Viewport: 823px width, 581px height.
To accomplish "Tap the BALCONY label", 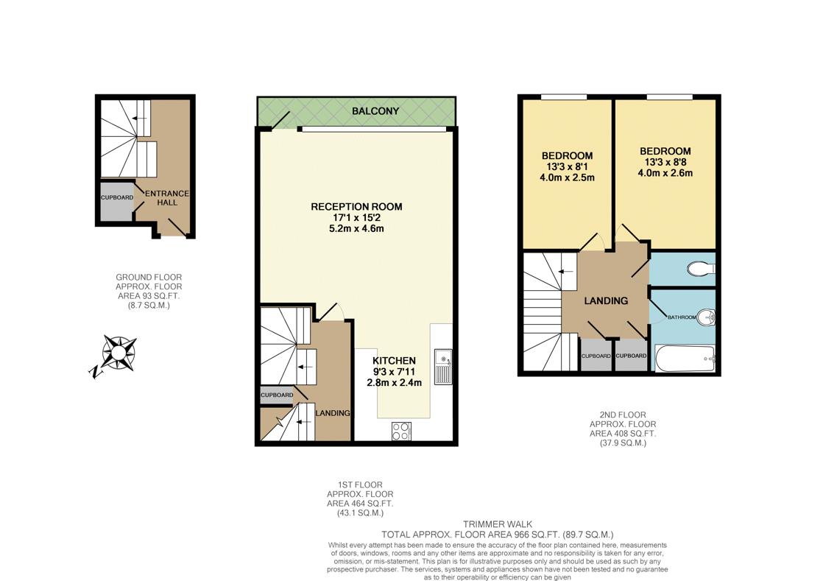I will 375,111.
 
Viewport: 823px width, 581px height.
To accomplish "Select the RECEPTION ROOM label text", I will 356,207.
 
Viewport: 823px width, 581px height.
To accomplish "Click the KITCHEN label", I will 394,361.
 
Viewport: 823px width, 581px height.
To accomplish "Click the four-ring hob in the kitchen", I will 401,430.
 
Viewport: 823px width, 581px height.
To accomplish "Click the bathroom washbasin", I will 707,317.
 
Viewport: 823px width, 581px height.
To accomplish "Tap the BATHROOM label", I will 681,317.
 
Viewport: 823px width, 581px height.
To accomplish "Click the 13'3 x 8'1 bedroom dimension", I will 567,167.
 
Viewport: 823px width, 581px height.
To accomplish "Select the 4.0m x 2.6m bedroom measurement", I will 665,174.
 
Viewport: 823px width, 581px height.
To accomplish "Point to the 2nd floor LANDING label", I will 606,300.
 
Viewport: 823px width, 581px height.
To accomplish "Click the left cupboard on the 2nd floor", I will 596,356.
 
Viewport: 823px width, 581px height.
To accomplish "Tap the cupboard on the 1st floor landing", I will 277,395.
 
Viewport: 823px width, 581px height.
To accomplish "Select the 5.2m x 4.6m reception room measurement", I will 356,229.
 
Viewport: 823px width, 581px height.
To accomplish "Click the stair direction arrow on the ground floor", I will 138,119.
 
